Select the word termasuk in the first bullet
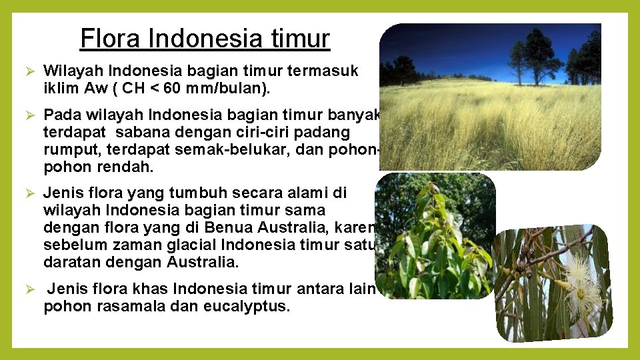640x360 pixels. (x=327, y=71)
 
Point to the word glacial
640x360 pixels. (x=188, y=245)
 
